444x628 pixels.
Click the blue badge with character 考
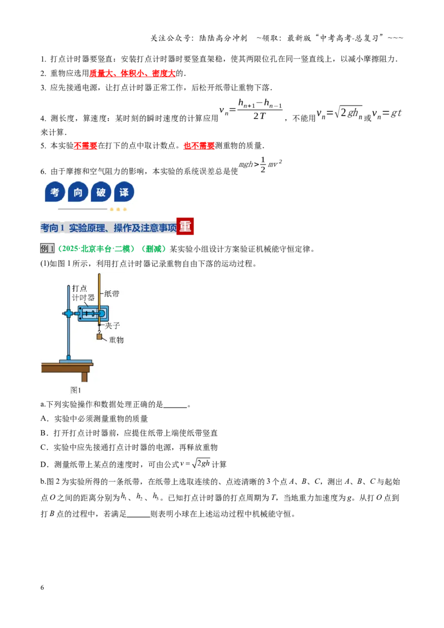click(x=55, y=192)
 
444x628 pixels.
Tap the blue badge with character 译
click(x=124, y=192)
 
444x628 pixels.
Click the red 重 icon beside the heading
click(x=185, y=227)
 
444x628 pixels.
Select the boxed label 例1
click(x=47, y=249)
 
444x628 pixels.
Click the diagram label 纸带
click(x=112, y=293)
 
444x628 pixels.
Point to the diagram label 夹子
click(x=112, y=326)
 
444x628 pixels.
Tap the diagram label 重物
click(x=116, y=340)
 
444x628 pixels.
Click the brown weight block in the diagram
click(x=99, y=336)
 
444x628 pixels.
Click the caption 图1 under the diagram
click(x=75, y=389)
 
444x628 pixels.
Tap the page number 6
click(x=42, y=588)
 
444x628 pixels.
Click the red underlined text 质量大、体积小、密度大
click(x=132, y=73)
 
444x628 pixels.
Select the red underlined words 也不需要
click(x=199, y=146)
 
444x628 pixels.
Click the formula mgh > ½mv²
click(x=260, y=164)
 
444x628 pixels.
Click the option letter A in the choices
click(x=44, y=418)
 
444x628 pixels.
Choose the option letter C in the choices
click(x=44, y=447)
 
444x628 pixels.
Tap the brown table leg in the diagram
click(x=84, y=376)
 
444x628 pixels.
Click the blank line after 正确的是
click(x=175, y=407)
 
